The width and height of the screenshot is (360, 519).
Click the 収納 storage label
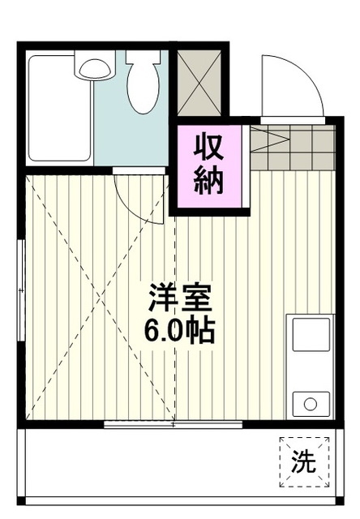pos(208,164)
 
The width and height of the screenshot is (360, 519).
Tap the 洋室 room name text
pos(180,300)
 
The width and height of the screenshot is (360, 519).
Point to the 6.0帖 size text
pos(180,331)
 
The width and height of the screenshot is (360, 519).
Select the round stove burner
pos(310,401)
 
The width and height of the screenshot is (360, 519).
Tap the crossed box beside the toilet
pos(198,81)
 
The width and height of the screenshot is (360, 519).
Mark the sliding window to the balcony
pos(174,423)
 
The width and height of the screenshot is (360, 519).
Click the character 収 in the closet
pos(208,148)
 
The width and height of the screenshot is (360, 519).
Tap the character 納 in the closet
pos(208,180)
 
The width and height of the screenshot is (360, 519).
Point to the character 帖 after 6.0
pos(201,331)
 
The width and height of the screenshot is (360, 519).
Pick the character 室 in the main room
pos(196,300)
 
